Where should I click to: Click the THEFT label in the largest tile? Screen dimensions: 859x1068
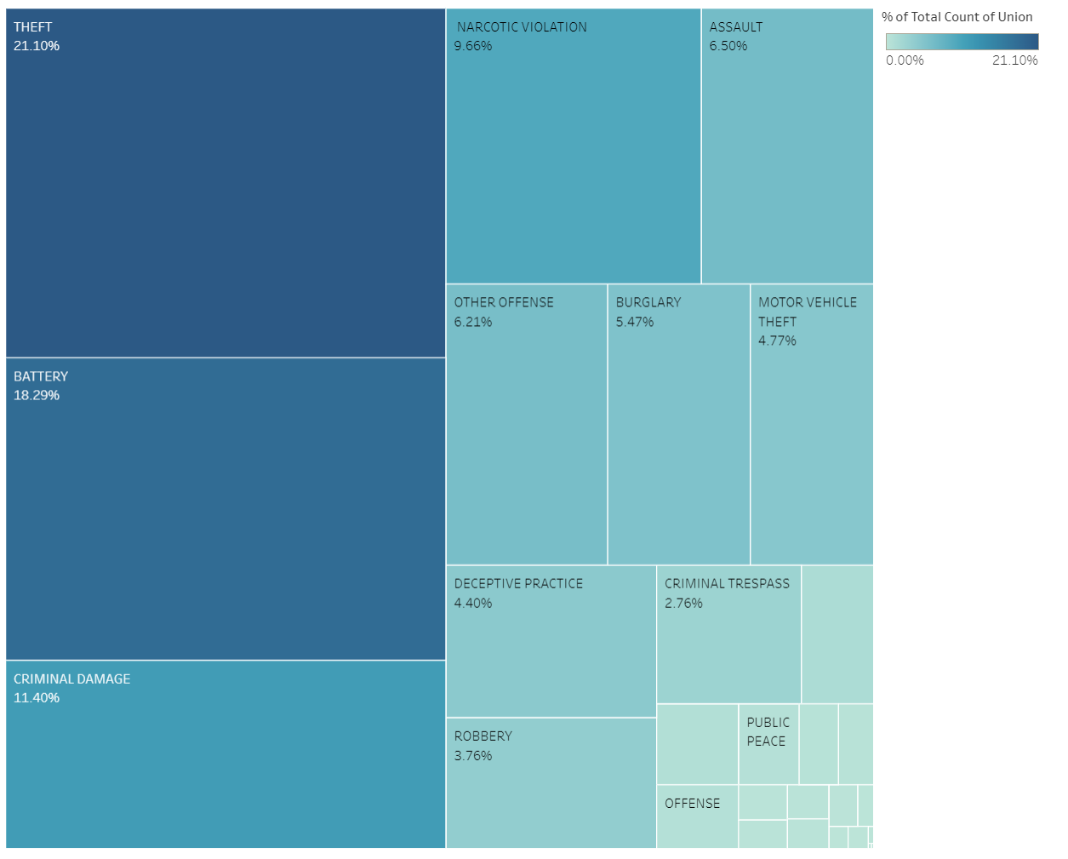pos(32,27)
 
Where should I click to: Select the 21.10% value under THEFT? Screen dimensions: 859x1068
pos(37,46)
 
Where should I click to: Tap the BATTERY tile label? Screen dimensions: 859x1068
pos(41,376)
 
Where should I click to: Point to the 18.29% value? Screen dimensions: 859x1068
pos(37,395)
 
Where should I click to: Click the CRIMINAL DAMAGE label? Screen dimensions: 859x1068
pos(72,679)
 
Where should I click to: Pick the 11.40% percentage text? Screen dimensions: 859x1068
pos(37,697)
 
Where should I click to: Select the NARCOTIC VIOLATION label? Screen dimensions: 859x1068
pos(522,27)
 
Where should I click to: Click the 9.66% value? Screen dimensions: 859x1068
pos(473,46)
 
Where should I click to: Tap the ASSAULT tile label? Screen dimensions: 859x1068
pos(736,27)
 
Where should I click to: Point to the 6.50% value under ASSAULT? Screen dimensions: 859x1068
pos(728,46)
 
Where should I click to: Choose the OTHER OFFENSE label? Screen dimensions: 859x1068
pos(504,302)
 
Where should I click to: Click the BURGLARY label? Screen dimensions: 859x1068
pos(648,302)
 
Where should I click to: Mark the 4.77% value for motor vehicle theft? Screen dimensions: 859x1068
pos(777,341)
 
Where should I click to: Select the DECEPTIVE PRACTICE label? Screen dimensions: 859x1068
pos(518,583)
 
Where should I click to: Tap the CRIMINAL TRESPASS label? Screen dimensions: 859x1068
pos(727,583)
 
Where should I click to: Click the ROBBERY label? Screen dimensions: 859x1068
pos(483,736)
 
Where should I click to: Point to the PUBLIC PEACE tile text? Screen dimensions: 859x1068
pos(768,731)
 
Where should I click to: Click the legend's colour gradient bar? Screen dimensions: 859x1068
pos(962,42)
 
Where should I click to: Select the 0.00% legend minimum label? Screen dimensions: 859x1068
pos(905,60)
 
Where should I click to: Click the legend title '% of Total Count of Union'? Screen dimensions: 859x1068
pos(957,17)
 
